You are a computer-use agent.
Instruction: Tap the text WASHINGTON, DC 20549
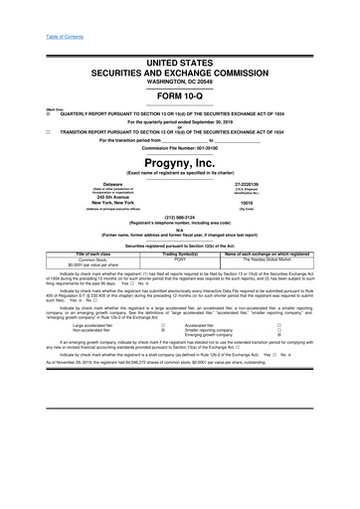pyautogui.click(x=180, y=81)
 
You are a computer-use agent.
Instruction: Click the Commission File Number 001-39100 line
pyautogui.click(x=180, y=147)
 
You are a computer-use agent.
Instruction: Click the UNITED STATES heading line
pyautogui.click(x=180, y=62)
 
